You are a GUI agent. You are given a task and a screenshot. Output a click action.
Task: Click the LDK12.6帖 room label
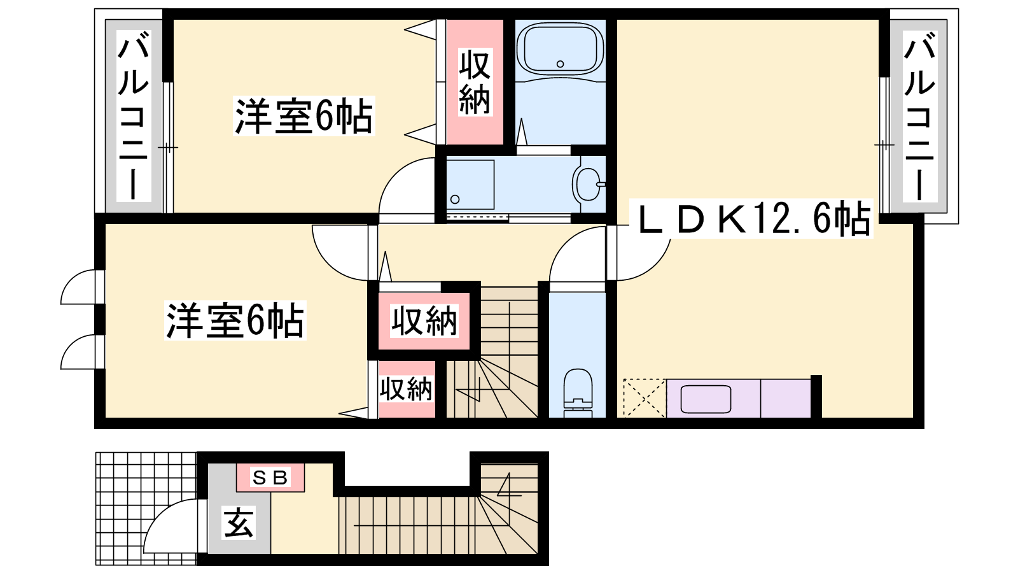click(755, 219)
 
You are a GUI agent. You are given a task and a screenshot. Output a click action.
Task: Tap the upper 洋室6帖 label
click(303, 116)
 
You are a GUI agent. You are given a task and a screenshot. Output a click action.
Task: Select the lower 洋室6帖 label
click(235, 320)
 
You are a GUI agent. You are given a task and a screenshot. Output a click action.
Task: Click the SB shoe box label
click(270, 478)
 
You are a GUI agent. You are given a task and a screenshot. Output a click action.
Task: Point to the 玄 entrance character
click(239, 523)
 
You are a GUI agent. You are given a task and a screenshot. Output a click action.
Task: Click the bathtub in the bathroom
click(561, 48)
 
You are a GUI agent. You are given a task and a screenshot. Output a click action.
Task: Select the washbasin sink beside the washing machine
click(589, 184)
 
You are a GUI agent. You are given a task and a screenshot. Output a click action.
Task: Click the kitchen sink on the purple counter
click(705, 399)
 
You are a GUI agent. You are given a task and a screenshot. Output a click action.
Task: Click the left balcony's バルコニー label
click(134, 116)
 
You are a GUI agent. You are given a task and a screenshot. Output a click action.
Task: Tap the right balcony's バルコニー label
click(920, 116)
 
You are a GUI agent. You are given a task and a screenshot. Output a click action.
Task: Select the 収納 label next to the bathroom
click(475, 82)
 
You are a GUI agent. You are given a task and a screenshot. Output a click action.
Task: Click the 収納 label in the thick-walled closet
click(424, 321)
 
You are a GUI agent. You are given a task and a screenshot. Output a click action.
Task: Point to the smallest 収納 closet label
click(406, 389)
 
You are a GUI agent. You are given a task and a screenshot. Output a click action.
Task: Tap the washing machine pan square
click(470, 185)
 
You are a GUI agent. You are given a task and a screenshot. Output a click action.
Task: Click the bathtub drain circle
click(561, 64)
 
